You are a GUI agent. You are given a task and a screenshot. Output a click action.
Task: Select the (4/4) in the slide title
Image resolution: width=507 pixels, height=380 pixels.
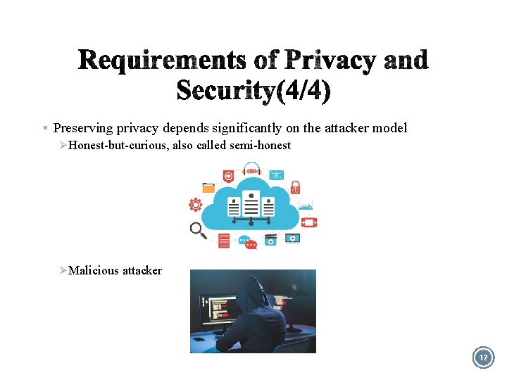coord(303,91)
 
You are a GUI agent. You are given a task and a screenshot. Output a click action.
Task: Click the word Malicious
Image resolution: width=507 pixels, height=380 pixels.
coord(94,270)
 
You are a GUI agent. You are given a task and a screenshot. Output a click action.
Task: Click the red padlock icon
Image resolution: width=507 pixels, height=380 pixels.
coord(295,187)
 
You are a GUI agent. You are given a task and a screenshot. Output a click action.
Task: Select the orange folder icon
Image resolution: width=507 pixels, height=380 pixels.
coord(208,188)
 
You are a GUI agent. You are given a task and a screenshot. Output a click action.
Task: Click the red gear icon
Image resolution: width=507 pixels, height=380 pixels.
coord(195,205)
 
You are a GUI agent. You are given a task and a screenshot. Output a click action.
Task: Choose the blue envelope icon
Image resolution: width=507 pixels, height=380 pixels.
coord(276,175)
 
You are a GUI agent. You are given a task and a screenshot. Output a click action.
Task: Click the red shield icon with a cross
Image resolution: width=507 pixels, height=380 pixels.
coord(228,176)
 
